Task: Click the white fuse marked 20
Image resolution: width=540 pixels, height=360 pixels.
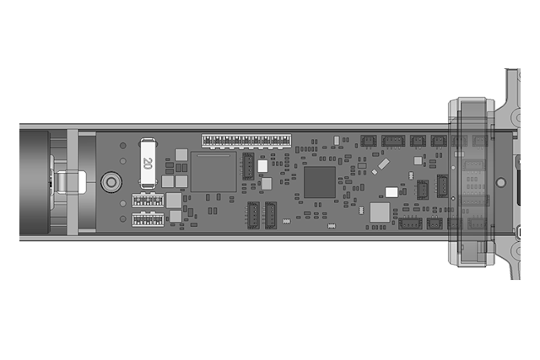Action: click(148, 164)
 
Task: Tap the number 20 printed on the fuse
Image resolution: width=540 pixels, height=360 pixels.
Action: click(148, 163)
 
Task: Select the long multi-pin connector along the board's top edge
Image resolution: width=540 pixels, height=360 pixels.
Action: click(246, 141)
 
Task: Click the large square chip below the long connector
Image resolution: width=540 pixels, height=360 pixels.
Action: click(213, 171)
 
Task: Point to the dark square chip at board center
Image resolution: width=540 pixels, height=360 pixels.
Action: click(320, 182)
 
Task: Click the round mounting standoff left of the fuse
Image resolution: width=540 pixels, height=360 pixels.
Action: click(111, 182)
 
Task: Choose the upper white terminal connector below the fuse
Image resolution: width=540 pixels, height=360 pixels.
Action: click(148, 200)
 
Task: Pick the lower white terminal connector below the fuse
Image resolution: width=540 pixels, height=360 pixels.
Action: click(148, 219)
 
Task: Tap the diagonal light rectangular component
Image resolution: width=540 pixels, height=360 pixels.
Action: click(383, 164)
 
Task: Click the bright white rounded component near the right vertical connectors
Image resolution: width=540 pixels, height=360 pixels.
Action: click(391, 192)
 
